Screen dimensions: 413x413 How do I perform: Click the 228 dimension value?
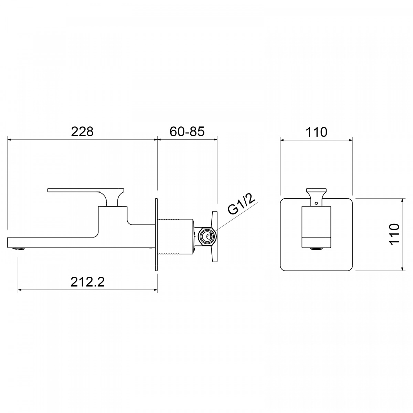coord(82,131)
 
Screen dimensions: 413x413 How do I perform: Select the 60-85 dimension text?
coord(187,131)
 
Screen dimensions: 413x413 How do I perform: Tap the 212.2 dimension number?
coord(87,282)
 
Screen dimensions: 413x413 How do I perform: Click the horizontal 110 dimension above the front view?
coord(316,132)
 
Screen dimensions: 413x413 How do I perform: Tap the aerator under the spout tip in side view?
coord(19,249)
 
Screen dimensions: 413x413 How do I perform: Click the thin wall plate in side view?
coord(156,235)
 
